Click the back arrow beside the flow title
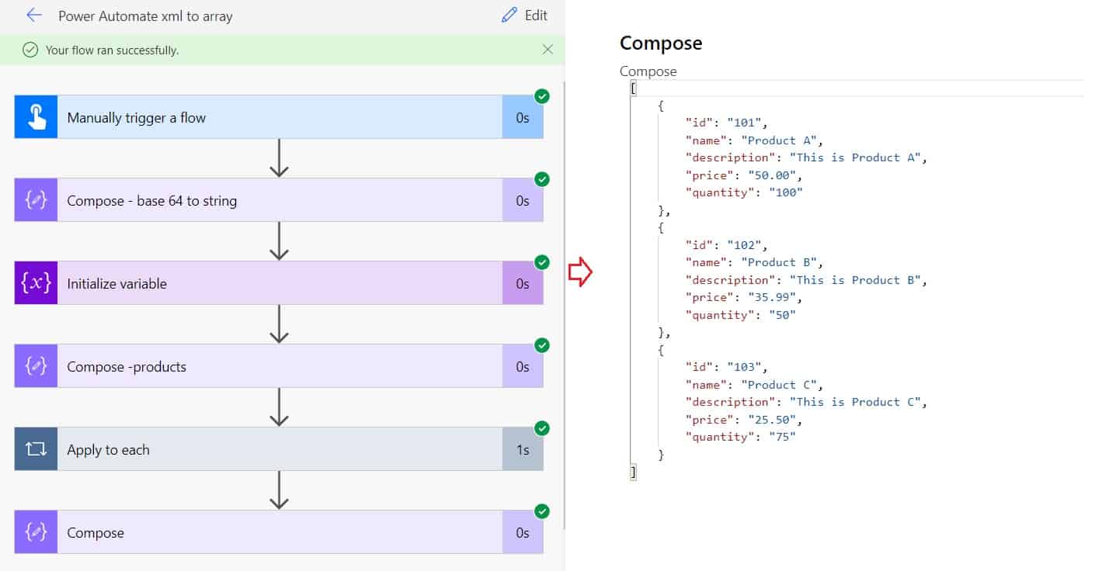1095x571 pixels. point(34,16)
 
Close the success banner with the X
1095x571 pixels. point(547,50)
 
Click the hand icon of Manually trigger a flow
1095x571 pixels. point(36,117)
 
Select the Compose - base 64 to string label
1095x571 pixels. point(151,201)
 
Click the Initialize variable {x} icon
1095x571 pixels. point(36,283)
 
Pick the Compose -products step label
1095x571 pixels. point(127,367)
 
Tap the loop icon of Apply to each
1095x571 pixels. point(36,449)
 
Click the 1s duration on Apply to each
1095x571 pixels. point(523,450)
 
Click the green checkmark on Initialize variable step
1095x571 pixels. point(542,262)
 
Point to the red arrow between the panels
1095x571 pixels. point(580,272)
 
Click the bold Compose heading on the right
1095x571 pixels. point(661,43)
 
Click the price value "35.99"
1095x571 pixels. point(774,297)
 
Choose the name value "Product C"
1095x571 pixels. point(781,385)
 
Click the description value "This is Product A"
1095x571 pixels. point(858,157)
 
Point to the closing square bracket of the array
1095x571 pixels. point(634,472)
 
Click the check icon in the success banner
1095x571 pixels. point(30,50)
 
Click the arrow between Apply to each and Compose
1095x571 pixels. point(279,490)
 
